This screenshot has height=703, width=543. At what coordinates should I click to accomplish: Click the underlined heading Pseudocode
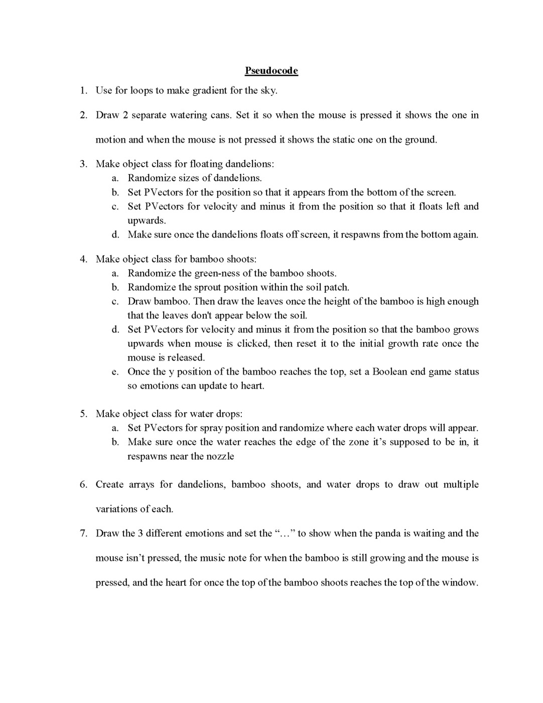coord(271,71)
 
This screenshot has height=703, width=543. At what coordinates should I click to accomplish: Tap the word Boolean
coord(391,372)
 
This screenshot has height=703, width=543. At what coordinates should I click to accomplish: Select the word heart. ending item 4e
coord(252,386)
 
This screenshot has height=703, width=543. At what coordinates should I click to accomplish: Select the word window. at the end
coord(460,582)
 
